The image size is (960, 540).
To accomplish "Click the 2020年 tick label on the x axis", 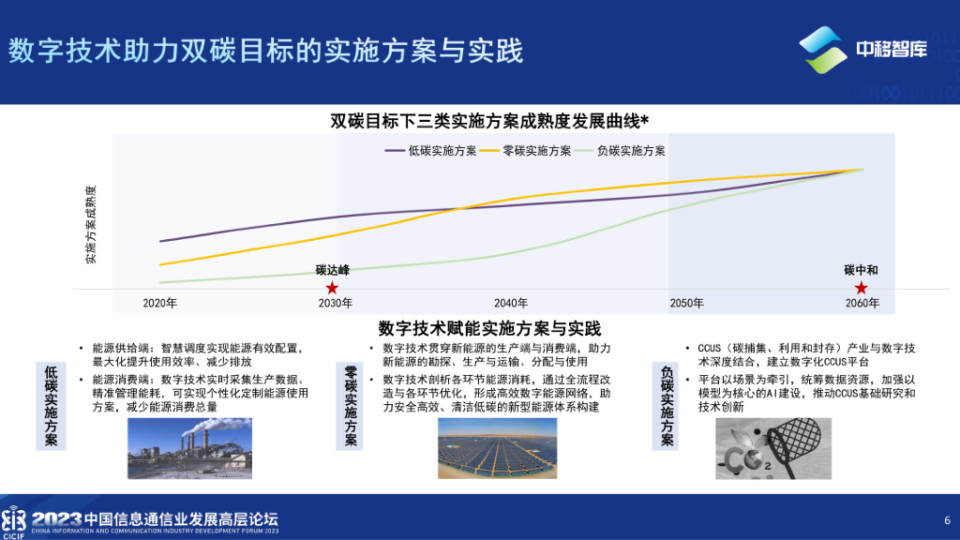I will coord(160,303).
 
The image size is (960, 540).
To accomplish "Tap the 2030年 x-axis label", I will coord(336,303).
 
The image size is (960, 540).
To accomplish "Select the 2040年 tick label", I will coord(511,303).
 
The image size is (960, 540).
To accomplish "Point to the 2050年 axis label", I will coord(686,303).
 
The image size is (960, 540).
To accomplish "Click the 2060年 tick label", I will coord(862,303).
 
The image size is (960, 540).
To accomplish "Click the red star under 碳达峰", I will coord(332,288).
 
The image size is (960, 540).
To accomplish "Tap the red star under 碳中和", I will coord(861,288).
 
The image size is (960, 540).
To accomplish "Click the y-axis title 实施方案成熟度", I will coord(91,224).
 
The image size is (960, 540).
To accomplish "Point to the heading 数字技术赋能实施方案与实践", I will coord(488,329).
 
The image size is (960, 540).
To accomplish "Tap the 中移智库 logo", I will coord(863,50).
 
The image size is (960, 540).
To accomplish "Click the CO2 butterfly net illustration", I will coord(773,448).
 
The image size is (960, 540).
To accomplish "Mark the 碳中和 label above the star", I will coord(861,270).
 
